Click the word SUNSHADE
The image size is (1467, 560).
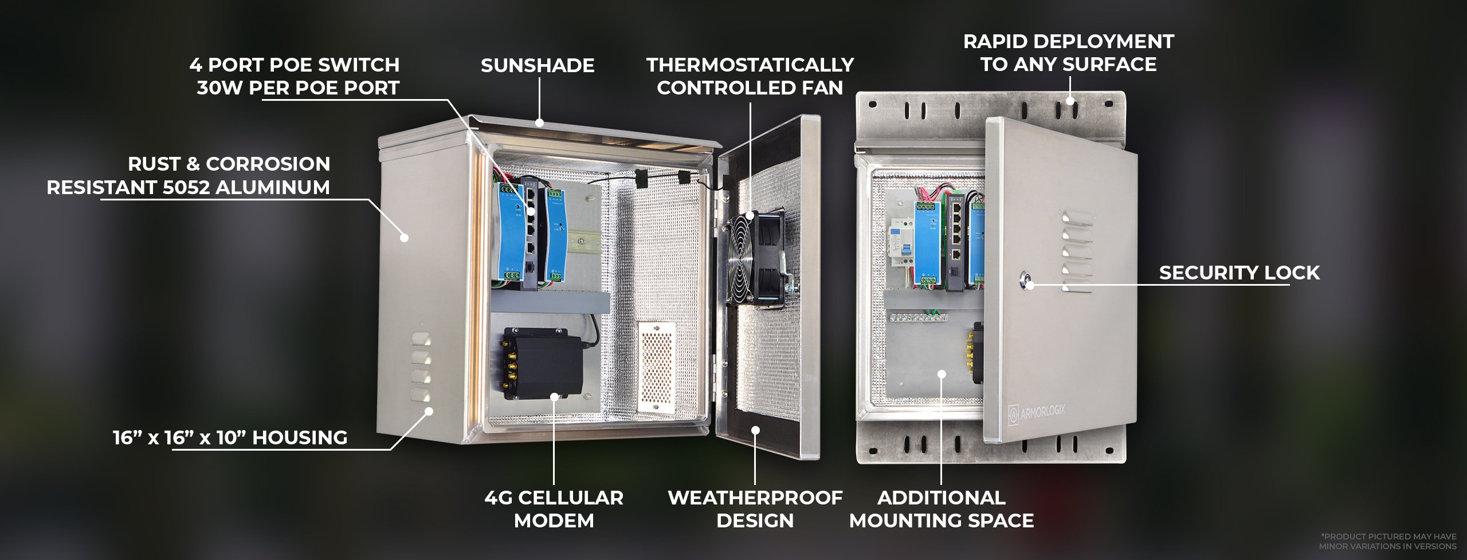[x=537, y=65]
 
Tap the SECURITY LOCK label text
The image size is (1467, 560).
[x=1239, y=273]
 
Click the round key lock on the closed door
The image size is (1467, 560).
[x=1029, y=282]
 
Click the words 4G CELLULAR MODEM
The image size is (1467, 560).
[x=554, y=509]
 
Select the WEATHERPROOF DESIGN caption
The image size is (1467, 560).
[x=755, y=509]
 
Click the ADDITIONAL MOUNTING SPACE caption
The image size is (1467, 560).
[x=941, y=509]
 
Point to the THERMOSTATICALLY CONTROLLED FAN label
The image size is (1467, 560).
[x=750, y=76]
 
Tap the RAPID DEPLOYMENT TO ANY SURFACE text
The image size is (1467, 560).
[x=1068, y=53]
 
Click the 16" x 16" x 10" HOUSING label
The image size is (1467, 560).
[x=230, y=437]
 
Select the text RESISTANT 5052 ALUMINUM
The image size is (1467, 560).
[x=188, y=187]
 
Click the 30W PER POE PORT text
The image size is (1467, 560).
[x=298, y=88]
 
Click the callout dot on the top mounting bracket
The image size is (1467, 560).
[x=1069, y=101]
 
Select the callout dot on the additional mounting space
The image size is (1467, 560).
[x=942, y=374]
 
